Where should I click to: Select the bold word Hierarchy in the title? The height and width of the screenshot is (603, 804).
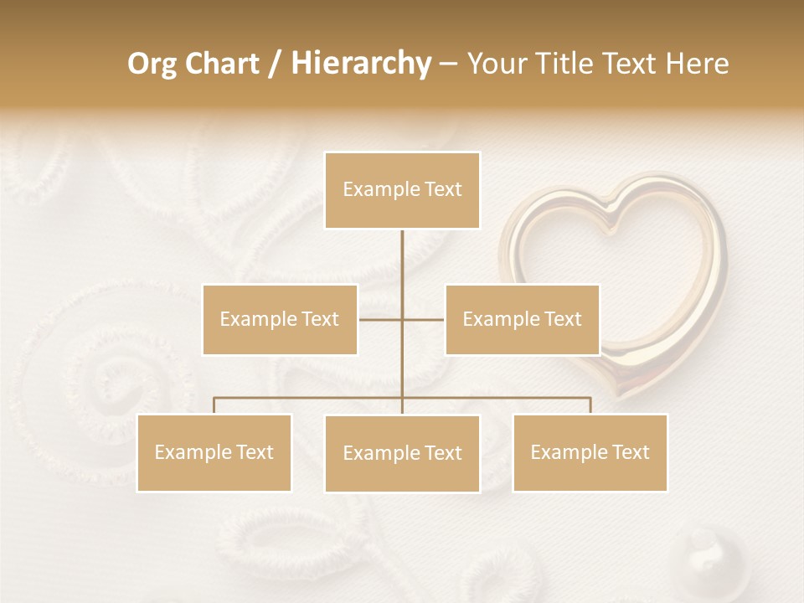pyautogui.click(x=361, y=64)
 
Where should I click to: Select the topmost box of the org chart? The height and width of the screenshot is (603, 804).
pyautogui.click(x=402, y=190)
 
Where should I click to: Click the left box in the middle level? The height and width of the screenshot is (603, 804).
pyautogui.click(x=280, y=319)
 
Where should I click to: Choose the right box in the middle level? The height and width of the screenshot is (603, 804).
pyautogui.click(x=522, y=319)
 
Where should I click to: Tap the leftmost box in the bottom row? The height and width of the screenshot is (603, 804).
pyautogui.click(x=214, y=452)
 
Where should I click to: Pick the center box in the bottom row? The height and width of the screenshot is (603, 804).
pyautogui.click(x=402, y=453)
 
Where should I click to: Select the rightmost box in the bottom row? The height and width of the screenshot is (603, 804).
pyautogui.click(x=590, y=452)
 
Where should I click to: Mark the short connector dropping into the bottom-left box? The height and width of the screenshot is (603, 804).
pyautogui.click(x=214, y=405)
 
